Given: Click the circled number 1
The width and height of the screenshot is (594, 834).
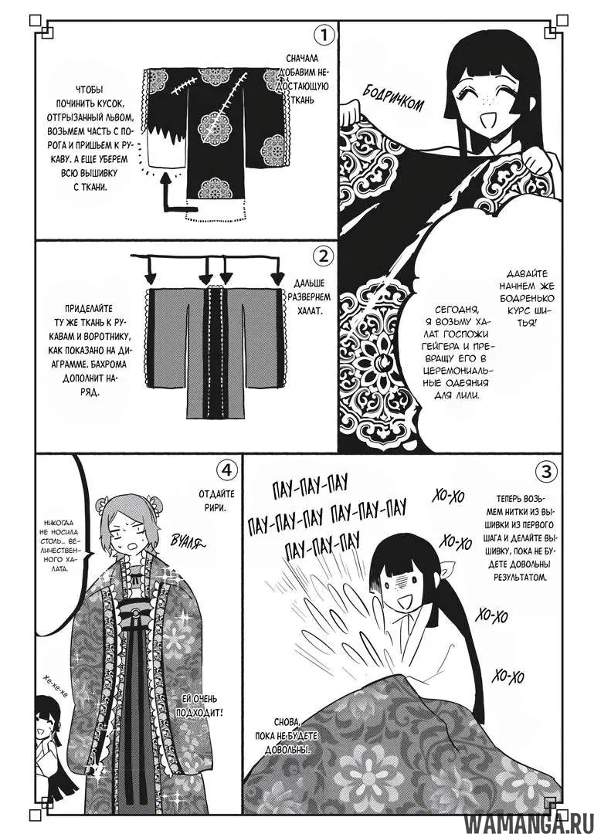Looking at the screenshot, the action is coord(324,36).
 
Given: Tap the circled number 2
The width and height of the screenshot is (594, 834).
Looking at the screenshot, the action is coord(324,256).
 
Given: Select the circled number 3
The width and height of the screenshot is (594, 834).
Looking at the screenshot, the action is coord(545,471).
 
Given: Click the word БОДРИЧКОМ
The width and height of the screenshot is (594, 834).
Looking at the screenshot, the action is coord(393,98).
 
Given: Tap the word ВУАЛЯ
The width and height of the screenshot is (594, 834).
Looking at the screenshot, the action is coord(188,542).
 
